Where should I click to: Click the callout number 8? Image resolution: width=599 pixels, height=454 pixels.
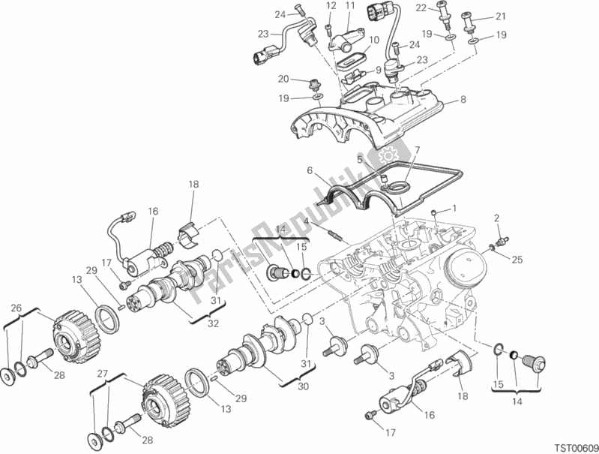click(463, 100)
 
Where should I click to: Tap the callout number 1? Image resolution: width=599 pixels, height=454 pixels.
click(453, 208)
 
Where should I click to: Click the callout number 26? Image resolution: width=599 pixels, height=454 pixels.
click(16, 308)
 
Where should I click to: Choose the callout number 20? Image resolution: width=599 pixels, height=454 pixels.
click(283, 79)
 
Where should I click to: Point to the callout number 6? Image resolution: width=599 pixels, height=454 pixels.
click(308, 171)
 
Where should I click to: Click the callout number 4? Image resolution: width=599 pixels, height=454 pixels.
click(307, 220)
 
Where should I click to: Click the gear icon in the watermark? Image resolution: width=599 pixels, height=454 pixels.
click(388, 156)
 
